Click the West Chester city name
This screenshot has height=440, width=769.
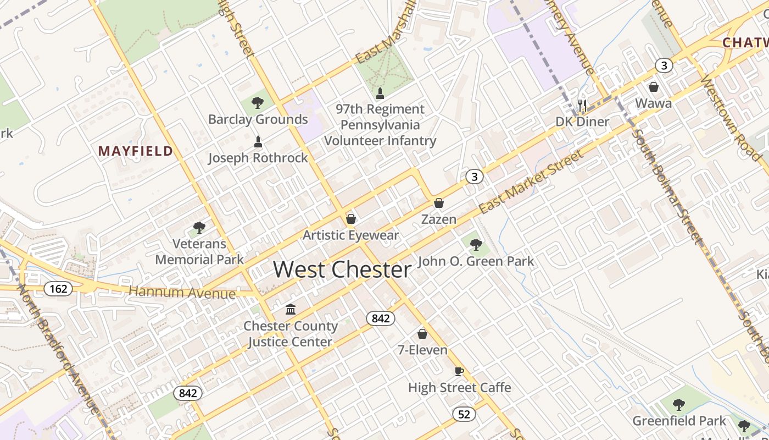[x=342, y=269]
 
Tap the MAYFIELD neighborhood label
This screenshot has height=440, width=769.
[x=135, y=151]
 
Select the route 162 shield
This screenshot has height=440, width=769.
[x=58, y=288]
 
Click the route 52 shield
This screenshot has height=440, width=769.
[x=464, y=414]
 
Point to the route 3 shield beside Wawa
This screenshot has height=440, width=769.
[x=664, y=66]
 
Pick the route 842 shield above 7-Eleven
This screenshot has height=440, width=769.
[x=380, y=318]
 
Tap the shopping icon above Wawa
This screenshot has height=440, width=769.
[x=654, y=87]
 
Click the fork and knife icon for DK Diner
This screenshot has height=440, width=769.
[x=582, y=105]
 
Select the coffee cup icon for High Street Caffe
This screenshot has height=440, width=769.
[x=459, y=371]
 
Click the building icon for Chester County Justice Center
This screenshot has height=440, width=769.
[x=290, y=309]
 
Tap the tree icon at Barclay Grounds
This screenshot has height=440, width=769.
[x=257, y=102]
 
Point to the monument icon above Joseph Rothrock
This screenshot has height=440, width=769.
[x=258, y=142]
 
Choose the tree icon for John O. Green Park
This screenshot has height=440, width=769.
[x=476, y=244]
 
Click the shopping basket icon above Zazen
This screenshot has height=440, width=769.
[x=438, y=204]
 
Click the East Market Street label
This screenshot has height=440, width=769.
[x=531, y=182]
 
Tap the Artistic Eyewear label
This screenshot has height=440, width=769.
[x=351, y=235]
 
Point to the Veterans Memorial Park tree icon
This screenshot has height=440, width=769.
[x=199, y=227]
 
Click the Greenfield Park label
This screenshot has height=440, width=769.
[x=679, y=421]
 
